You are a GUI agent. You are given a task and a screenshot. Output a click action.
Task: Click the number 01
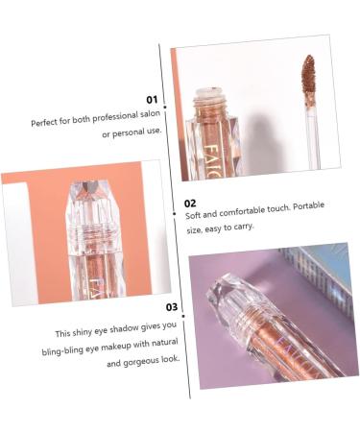pyautogui.click(x=151, y=99)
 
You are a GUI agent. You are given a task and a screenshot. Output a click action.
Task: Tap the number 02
pyautogui.click(x=190, y=204)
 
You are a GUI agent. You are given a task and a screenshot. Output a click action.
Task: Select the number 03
pyautogui.click(x=172, y=307)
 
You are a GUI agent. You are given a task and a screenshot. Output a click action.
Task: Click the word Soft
pyautogui.click(x=194, y=217)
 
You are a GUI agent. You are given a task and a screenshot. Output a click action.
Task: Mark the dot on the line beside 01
pyautogui.click(x=165, y=98)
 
